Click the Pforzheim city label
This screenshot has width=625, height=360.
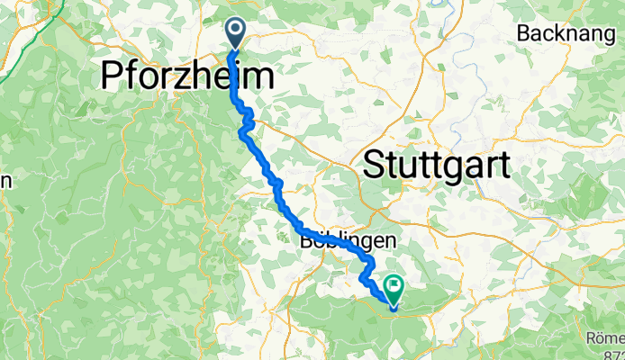pos(186,75)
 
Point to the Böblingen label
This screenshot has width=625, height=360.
pos(348,240)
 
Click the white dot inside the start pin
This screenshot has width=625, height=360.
pos(236,30)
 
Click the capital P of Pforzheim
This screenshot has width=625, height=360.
pos(113,75)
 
